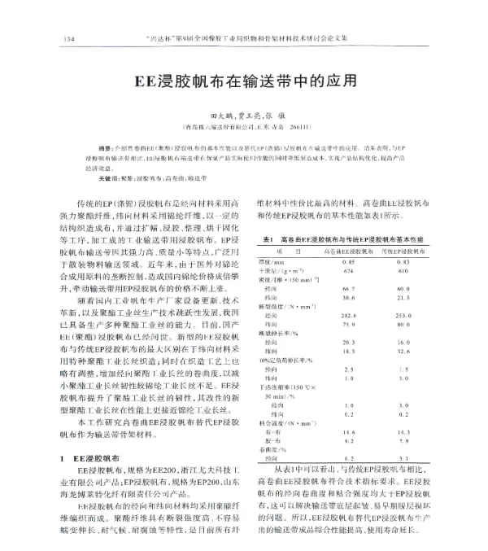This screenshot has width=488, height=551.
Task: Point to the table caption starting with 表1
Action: [346, 240]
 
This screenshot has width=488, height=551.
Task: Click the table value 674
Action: [349, 273]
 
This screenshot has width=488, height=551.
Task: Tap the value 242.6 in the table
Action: [350, 314]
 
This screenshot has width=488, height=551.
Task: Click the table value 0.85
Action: [350, 264]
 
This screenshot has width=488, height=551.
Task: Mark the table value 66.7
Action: [350, 290]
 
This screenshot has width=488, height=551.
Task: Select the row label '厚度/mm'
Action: [277, 264]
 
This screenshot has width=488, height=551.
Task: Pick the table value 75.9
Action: [350, 323]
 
